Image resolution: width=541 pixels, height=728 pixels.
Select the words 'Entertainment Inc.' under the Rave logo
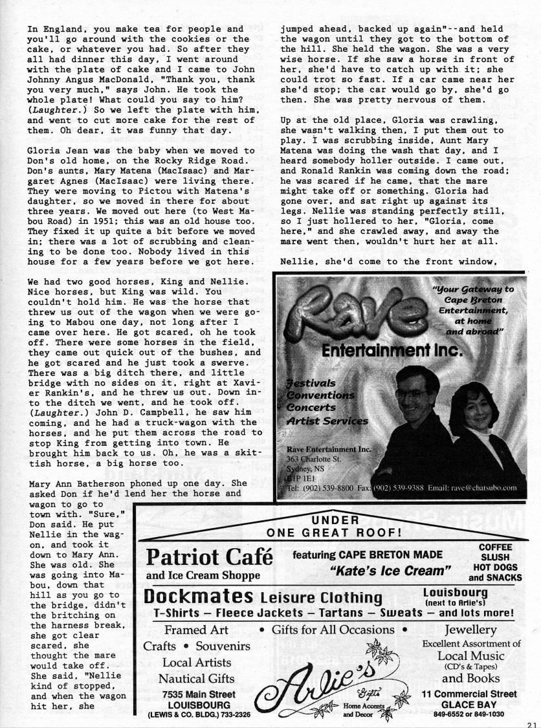point(392,351)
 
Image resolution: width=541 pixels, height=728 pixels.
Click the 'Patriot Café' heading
point(210,557)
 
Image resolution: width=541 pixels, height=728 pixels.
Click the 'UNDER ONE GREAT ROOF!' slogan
point(335,527)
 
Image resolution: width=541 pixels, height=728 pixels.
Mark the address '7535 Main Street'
point(196,694)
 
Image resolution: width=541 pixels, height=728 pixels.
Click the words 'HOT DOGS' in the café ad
point(496,568)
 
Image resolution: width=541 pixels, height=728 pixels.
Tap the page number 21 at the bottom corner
point(533,724)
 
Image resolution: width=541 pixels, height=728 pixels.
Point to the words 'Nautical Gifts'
point(196,678)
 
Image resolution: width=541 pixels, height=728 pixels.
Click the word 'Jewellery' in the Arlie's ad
point(470,630)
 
